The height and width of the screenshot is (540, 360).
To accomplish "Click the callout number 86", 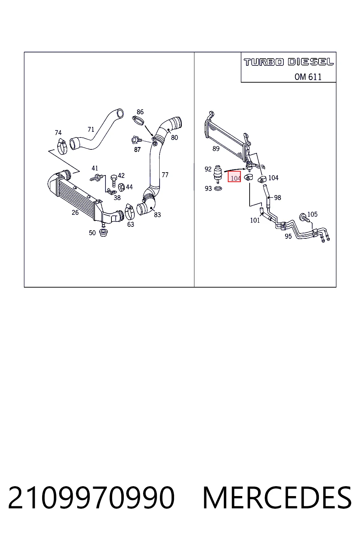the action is [140, 112].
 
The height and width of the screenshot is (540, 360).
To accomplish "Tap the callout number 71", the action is [91, 129].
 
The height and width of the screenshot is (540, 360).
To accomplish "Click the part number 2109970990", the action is [91, 497].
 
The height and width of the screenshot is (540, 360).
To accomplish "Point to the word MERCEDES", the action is [277, 497].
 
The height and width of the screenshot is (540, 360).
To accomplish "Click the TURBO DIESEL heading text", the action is [289, 62].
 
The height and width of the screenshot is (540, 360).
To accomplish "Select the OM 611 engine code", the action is [308, 77].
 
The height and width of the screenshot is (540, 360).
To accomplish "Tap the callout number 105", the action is [312, 214].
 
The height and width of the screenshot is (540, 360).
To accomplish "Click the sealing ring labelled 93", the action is [218, 188].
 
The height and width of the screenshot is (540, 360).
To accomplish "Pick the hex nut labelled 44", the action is [122, 187].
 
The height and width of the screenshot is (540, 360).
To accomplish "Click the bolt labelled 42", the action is [114, 181].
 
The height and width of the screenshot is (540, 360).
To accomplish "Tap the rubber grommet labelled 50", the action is [103, 233].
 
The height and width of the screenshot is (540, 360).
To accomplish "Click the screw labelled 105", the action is [305, 218].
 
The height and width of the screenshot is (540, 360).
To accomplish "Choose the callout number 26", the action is [75, 212].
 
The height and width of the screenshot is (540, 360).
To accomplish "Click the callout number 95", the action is [288, 236].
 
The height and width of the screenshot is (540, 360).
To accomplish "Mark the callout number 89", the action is [216, 148].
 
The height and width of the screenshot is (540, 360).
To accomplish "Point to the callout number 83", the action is [157, 214].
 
